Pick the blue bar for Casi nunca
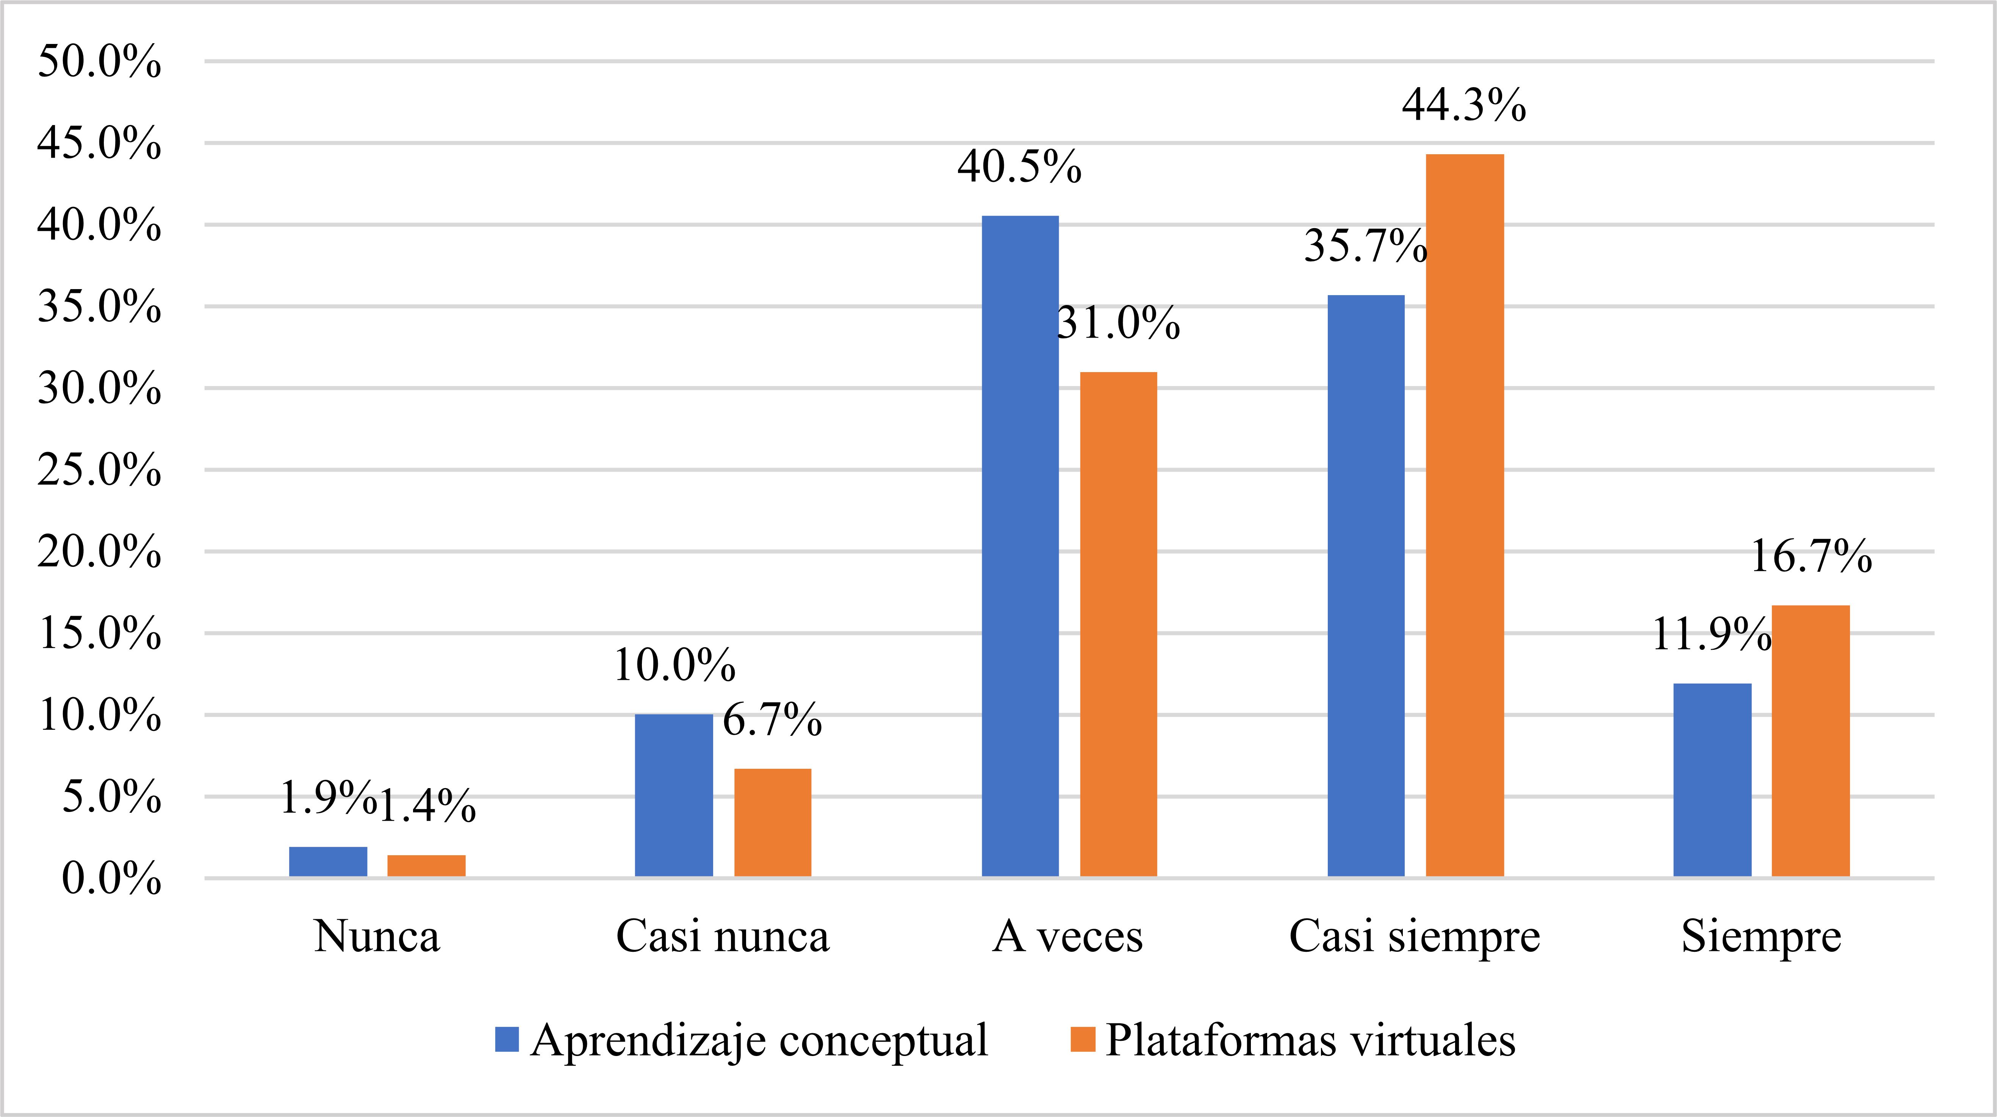(x=674, y=795)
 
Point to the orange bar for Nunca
(x=426, y=866)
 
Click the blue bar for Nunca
(x=328, y=862)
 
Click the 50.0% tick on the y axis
(x=99, y=62)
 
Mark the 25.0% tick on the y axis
(x=99, y=471)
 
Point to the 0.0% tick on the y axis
(x=111, y=879)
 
